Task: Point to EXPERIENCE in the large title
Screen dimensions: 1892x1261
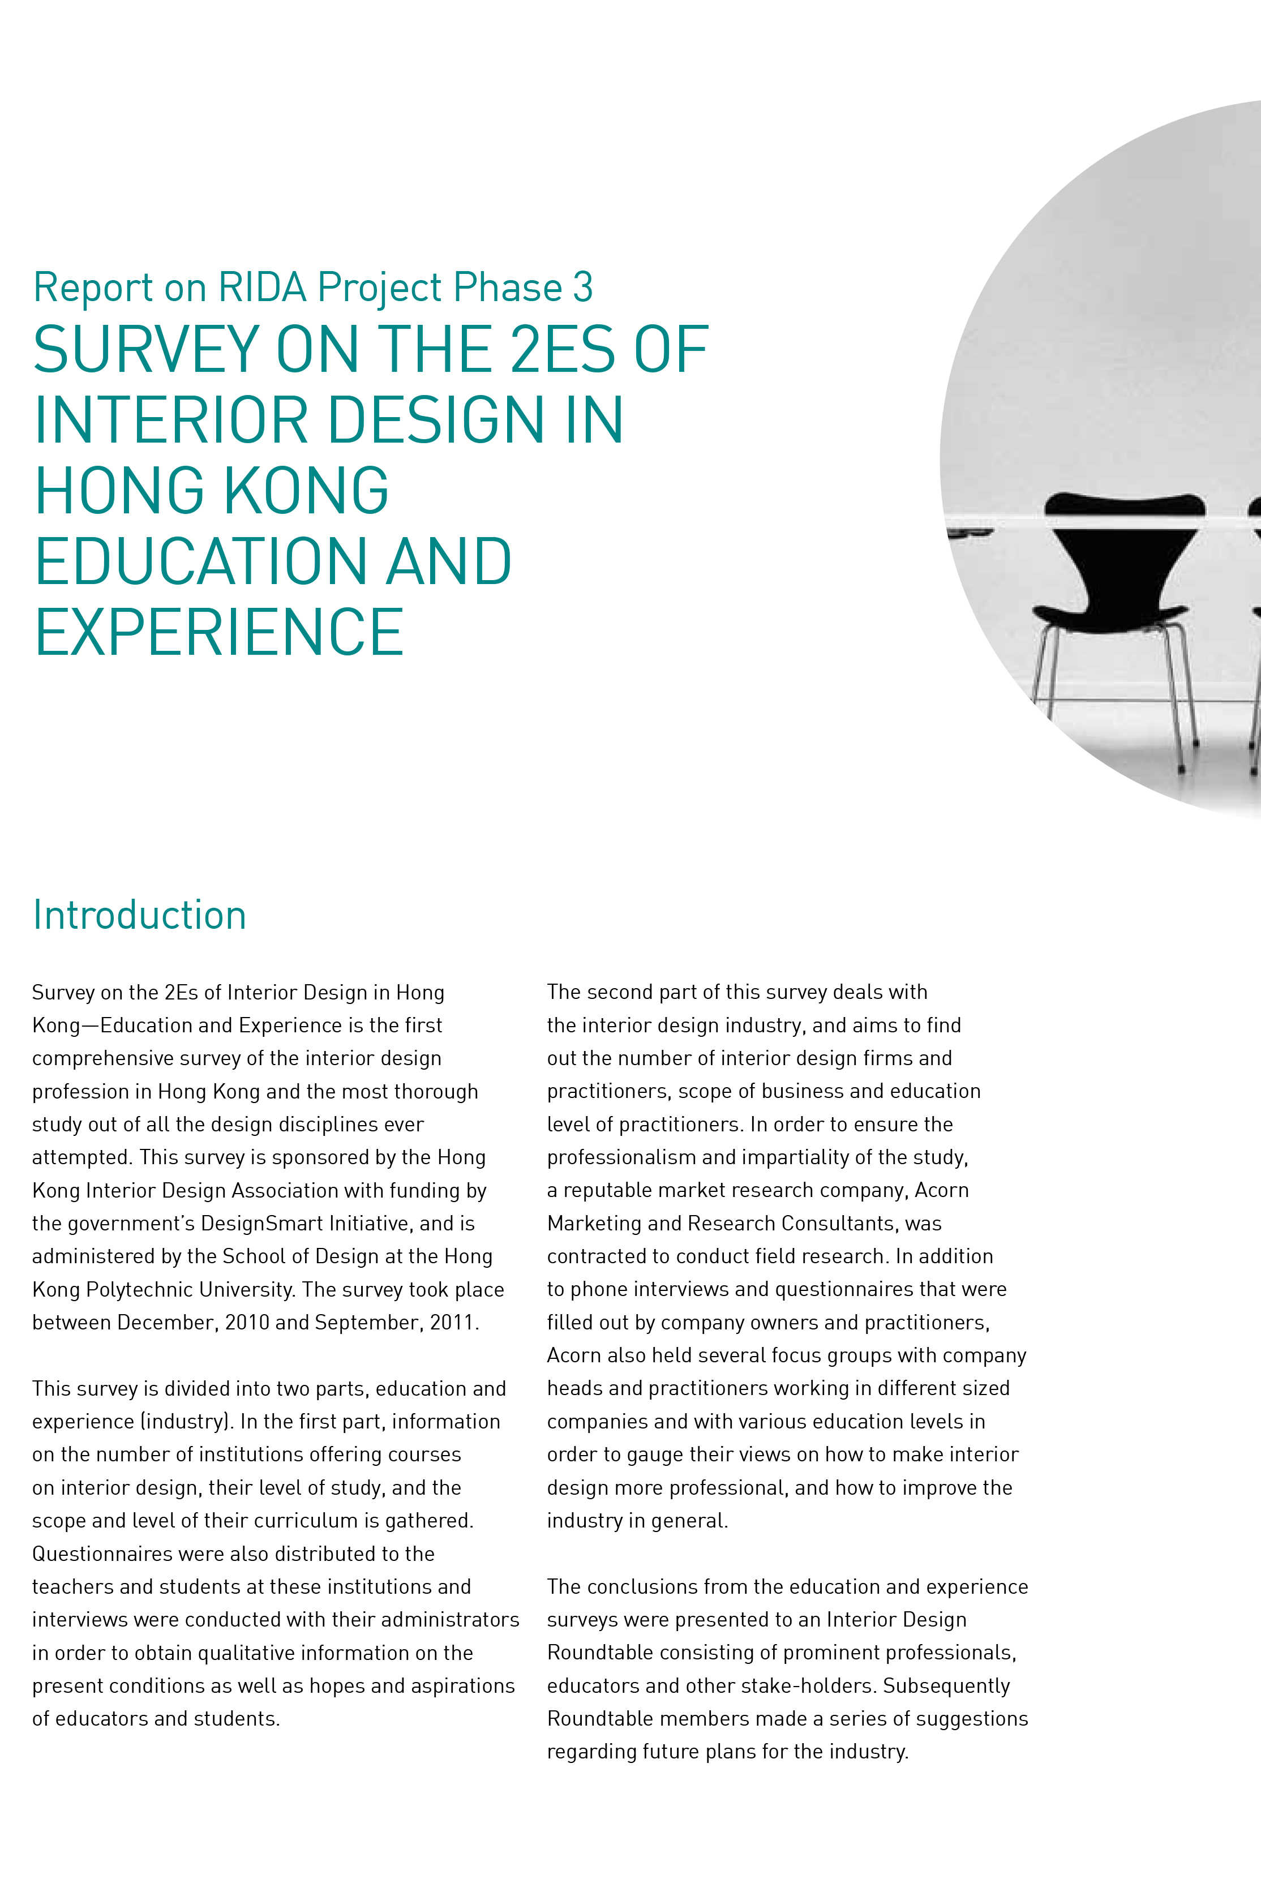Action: (x=218, y=633)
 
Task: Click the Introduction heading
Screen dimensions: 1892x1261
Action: (x=139, y=915)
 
